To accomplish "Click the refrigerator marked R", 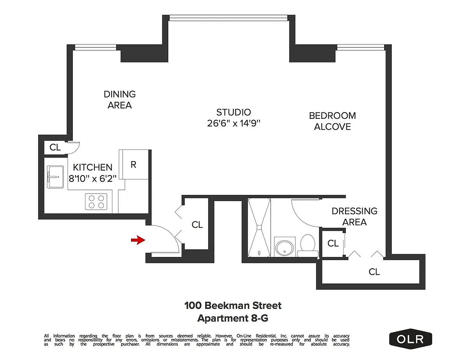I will pyautogui.click(x=134, y=165).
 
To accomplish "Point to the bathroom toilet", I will pyautogui.click(x=308, y=244).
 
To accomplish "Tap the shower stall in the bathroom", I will pyautogui.click(x=259, y=228).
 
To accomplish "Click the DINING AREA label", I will pyautogui.click(x=120, y=99).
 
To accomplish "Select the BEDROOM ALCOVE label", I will pyautogui.click(x=332, y=121).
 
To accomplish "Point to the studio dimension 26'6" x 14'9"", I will pyautogui.click(x=233, y=123).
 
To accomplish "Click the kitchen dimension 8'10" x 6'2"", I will pyautogui.click(x=93, y=178).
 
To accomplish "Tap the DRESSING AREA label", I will pyautogui.click(x=354, y=216).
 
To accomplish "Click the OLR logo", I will pyautogui.click(x=410, y=339).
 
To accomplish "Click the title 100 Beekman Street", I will pyautogui.click(x=233, y=306).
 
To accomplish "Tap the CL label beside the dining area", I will pyautogui.click(x=55, y=147).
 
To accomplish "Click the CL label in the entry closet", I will pyautogui.click(x=197, y=225).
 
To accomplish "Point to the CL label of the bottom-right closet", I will pyautogui.click(x=374, y=272).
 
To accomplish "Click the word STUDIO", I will pyautogui.click(x=233, y=112).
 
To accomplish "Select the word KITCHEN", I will pyautogui.click(x=93, y=167).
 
